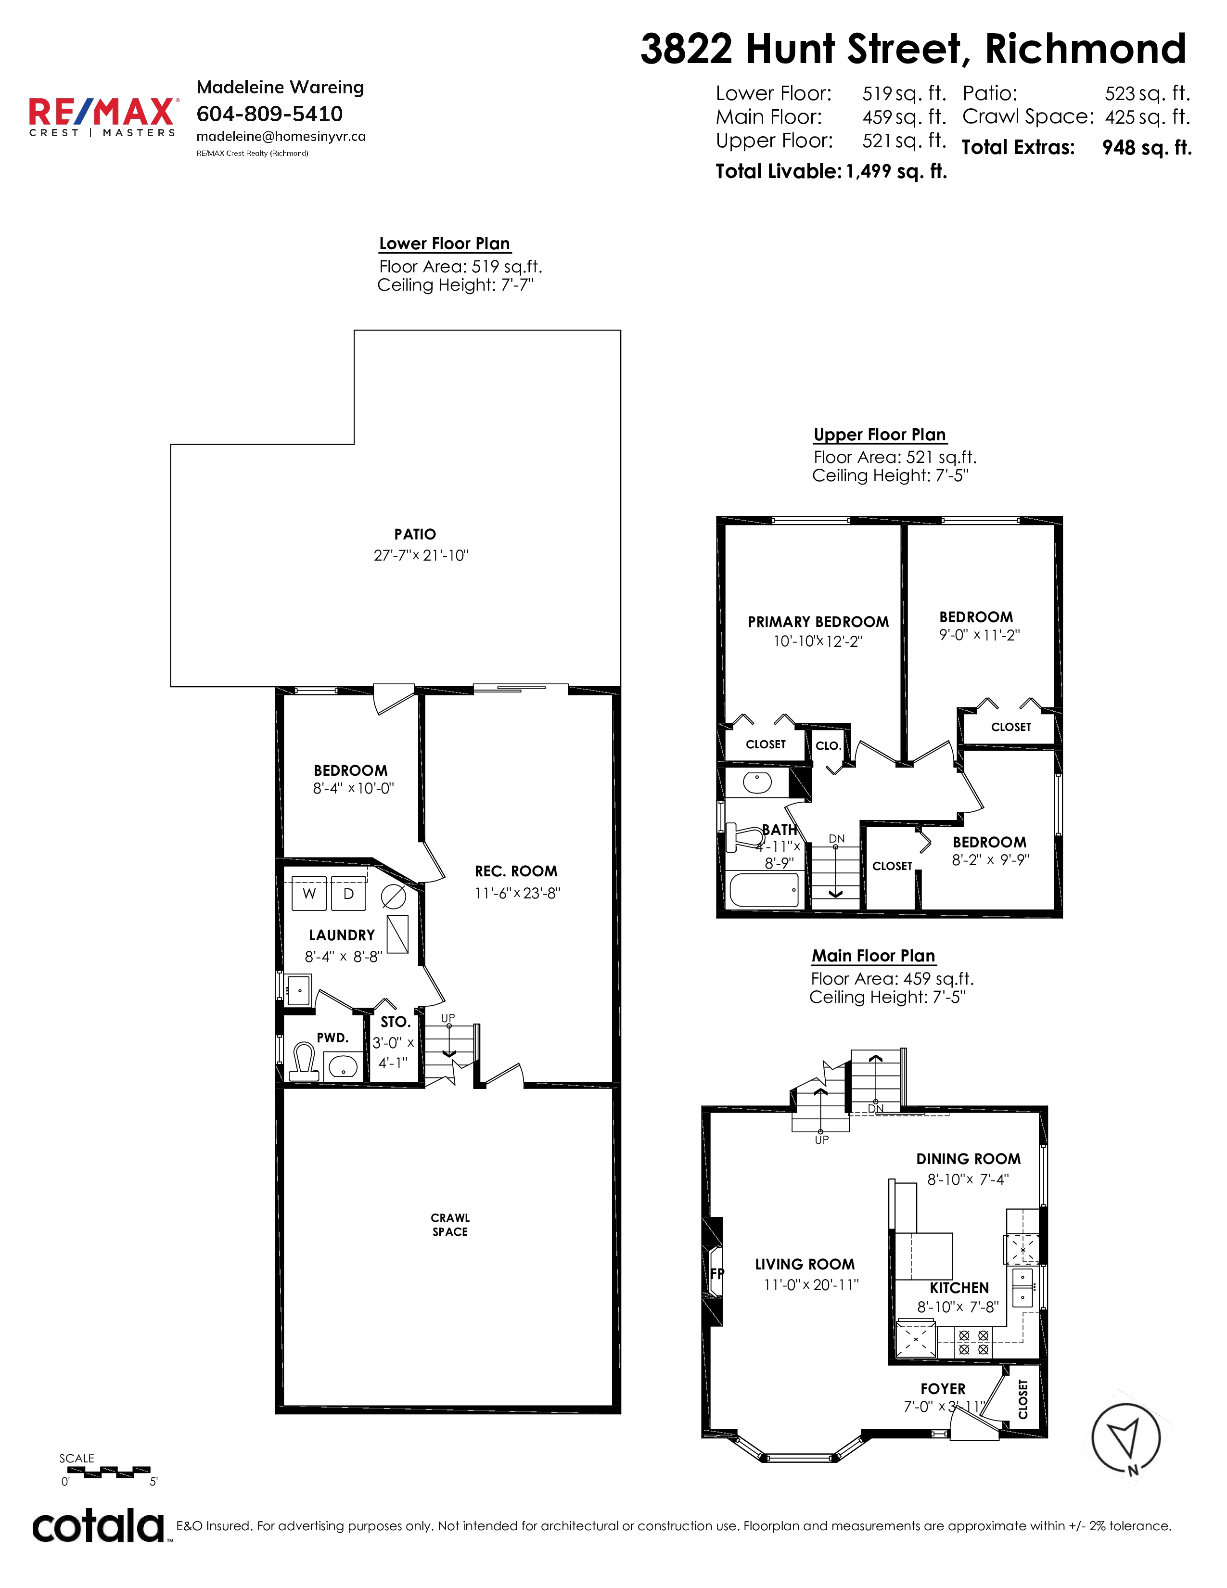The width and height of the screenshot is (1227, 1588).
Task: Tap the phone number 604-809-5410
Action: pos(269,114)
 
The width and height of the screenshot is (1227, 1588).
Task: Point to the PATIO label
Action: pos(415,535)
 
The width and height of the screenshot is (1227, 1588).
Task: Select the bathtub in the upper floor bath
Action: pos(764,890)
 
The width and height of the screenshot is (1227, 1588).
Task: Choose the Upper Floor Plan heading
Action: pos(880,435)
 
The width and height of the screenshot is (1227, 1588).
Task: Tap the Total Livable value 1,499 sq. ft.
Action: pos(896,172)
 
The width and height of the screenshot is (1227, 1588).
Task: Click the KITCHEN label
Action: pos(959,1288)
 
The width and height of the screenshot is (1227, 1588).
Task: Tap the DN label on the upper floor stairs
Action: pos(837,838)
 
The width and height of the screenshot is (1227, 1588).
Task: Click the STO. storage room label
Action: pos(396,1022)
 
